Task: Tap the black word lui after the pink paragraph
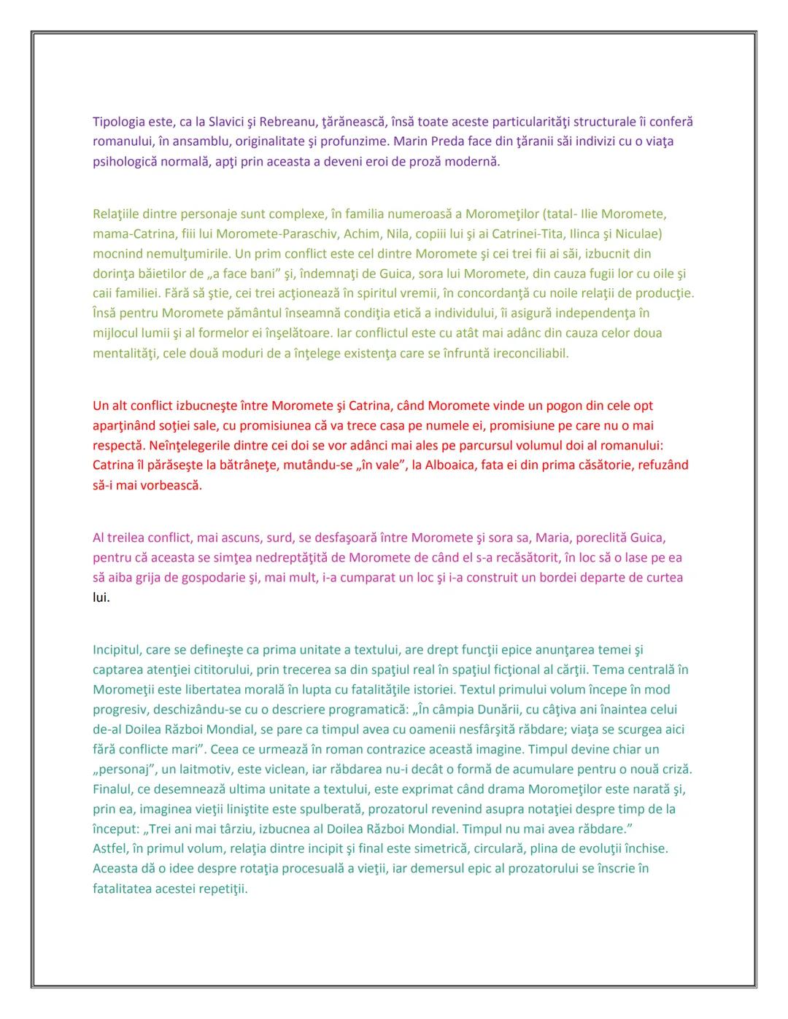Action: point(101,597)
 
